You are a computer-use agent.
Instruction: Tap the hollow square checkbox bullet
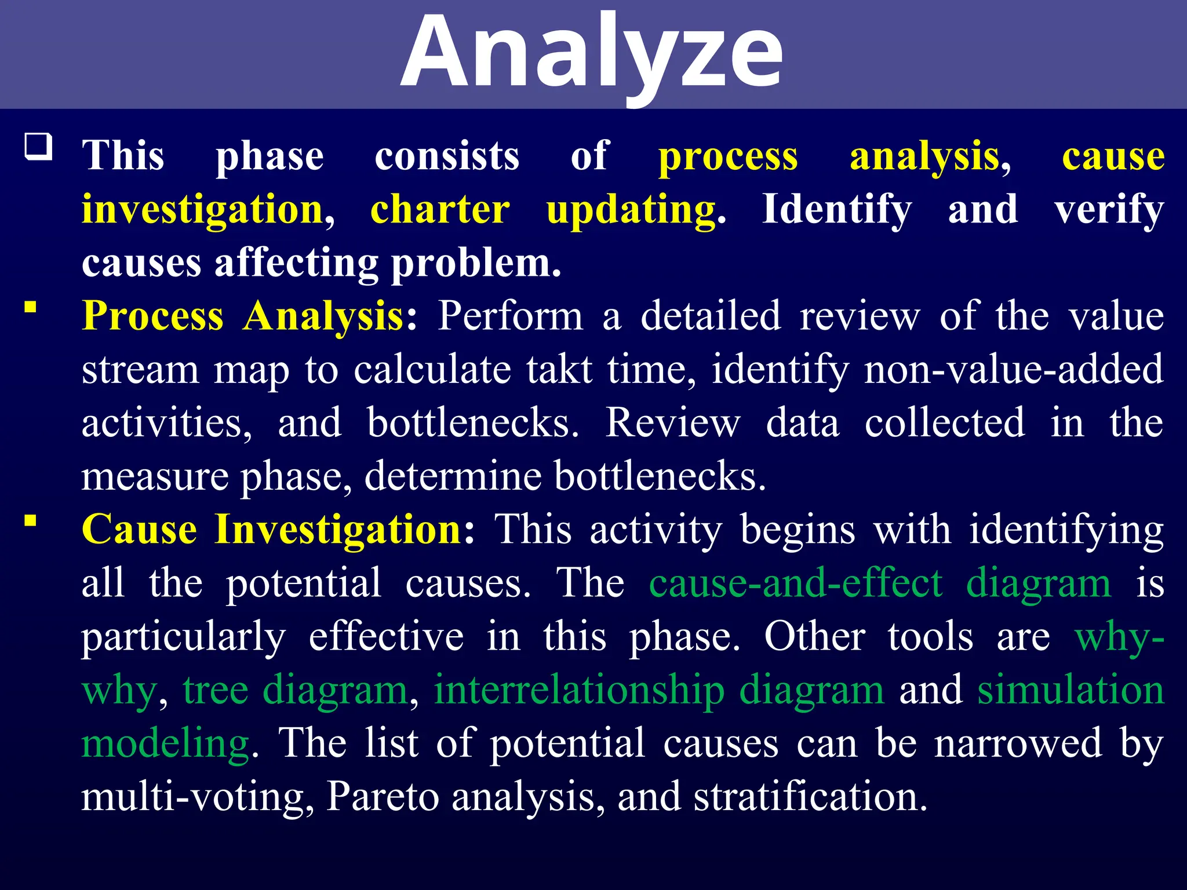click(x=38, y=147)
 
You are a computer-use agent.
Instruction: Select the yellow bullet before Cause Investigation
click(x=31, y=520)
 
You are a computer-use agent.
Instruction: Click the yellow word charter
click(x=440, y=210)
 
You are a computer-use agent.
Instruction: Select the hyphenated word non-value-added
click(x=1013, y=370)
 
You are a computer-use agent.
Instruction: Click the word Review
click(x=673, y=423)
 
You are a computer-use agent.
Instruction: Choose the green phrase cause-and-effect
click(x=795, y=583)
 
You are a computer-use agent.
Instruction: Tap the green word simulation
click(x=1071, y=690)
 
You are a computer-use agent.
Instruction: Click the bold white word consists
click(x=447, y=156)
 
